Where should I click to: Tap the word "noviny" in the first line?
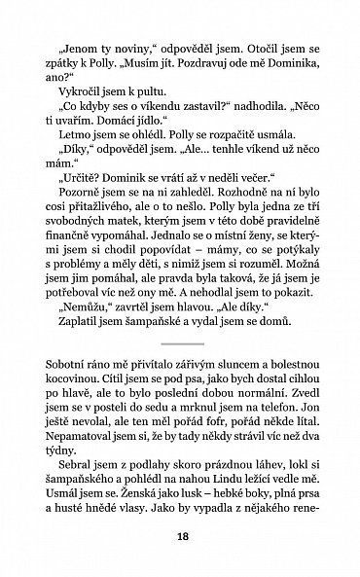129,45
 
